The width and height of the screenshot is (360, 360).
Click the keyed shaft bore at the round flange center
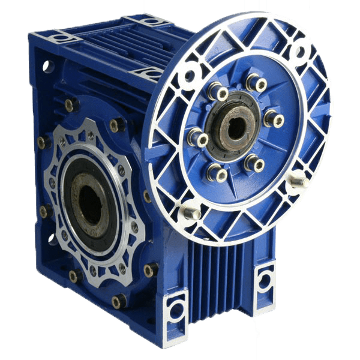[x=236, y=127]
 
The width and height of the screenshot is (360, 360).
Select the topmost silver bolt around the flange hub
[x=257, y=83]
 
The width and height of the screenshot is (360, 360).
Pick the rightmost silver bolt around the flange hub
[x=274, y=118]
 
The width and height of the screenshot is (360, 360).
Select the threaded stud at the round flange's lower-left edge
[x=191, y=211]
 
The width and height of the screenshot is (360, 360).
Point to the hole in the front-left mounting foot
[x=176, y=310]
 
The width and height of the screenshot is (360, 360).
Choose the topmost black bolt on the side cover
[x=71, y=104]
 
